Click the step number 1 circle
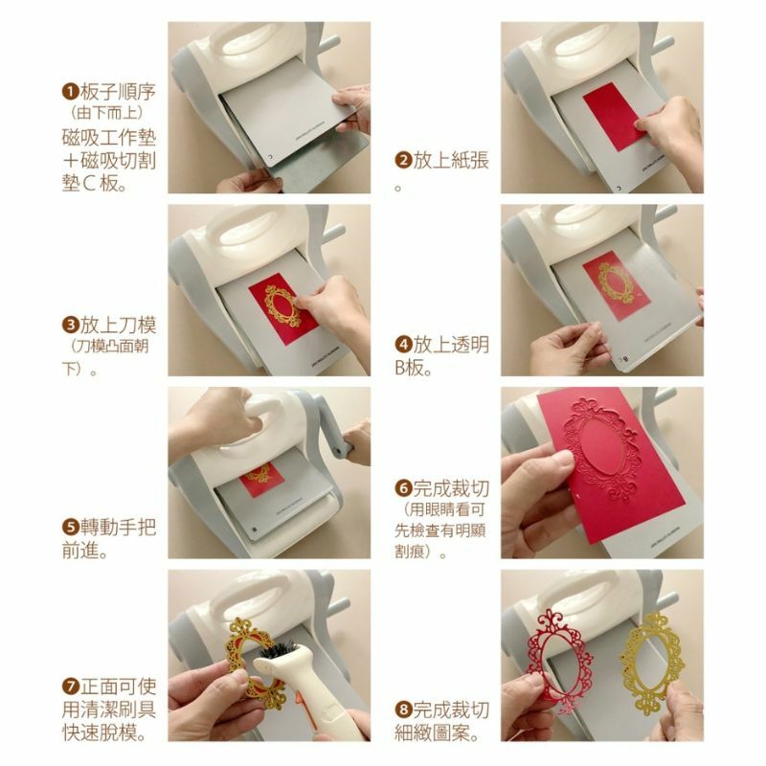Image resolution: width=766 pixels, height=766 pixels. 70,91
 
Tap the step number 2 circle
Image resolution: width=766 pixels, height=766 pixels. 403,160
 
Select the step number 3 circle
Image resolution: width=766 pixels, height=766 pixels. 70,325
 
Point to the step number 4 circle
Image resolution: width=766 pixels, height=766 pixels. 403,345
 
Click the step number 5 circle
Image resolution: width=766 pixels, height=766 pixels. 70,528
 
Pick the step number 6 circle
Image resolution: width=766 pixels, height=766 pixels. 403,488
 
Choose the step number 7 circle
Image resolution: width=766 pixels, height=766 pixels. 70,686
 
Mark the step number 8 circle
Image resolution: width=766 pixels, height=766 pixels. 403,710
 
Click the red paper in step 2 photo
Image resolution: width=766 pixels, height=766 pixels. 617,116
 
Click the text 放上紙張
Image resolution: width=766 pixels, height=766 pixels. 451,160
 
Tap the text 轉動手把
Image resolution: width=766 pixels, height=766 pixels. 118,528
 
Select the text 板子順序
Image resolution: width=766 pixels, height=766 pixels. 118,91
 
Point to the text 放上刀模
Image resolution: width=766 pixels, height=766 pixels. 118,325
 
